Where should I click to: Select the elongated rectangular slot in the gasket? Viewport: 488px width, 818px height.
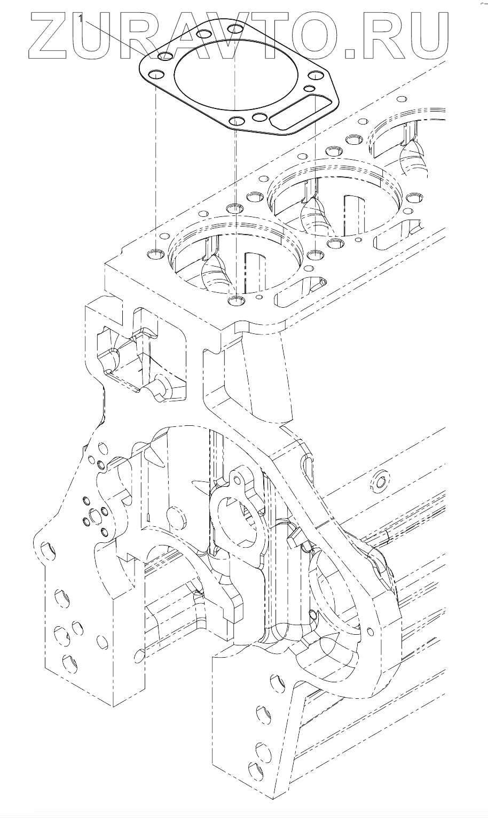coord(294,113)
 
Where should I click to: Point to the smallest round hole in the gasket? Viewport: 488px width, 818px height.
coord(308,88)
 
